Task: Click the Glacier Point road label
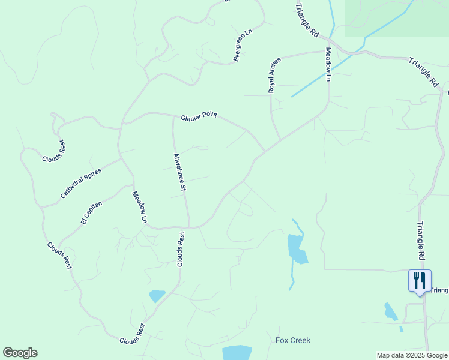tap(199, 115)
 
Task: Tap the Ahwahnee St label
tap(179, 172)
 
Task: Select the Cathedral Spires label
tap(81, 184)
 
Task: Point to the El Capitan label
tap(92, 213)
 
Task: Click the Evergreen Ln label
tap(243, 44)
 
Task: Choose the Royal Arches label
tap(274, 75)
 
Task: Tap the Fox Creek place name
tap(293, 340)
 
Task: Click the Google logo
tap(20, 353)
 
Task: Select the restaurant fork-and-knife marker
tap(419, 280)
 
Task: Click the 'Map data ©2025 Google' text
tap(412, 355)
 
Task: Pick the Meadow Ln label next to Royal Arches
tap(328, 64)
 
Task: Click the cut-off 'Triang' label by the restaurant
tap(439, 290)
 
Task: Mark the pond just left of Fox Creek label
tap(237, 352)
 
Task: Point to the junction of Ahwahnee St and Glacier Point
tap(173, 116)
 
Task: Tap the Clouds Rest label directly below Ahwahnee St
tap(181, 249)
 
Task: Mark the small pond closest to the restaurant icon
tap(390, 311)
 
